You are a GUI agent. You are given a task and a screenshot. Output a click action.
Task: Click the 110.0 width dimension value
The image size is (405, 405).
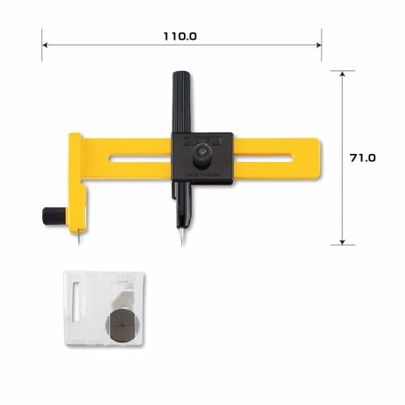pyautogui.click(x=180, y=36)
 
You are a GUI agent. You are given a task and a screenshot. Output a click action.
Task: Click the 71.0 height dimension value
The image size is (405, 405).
pyautogui.click(x=361, y=159)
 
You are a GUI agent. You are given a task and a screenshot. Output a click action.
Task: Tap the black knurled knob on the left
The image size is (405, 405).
pyautogui.click(x=54, y=215)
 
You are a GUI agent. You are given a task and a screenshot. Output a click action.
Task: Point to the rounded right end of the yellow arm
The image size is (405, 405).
pyautogui.click(x=315, y=159)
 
